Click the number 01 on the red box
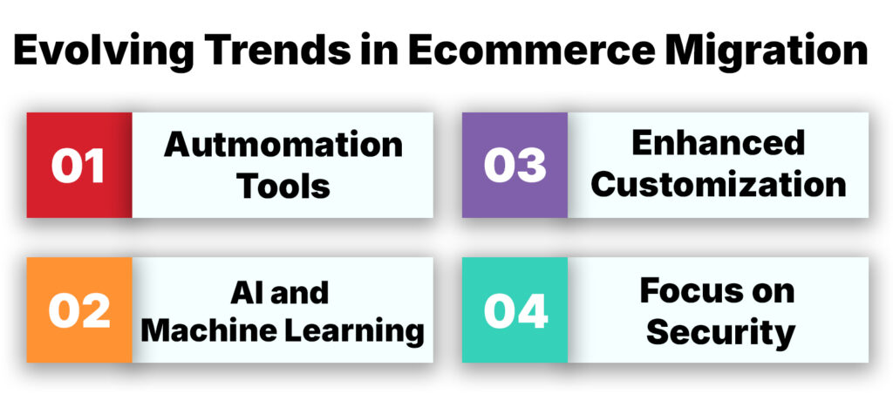point(78,166)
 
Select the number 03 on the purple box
point(515,166)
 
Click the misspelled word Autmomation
point(283,145)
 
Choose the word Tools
point(283,185)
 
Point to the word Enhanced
point(718,143)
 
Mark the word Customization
point(718,185)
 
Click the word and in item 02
point(299,292)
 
